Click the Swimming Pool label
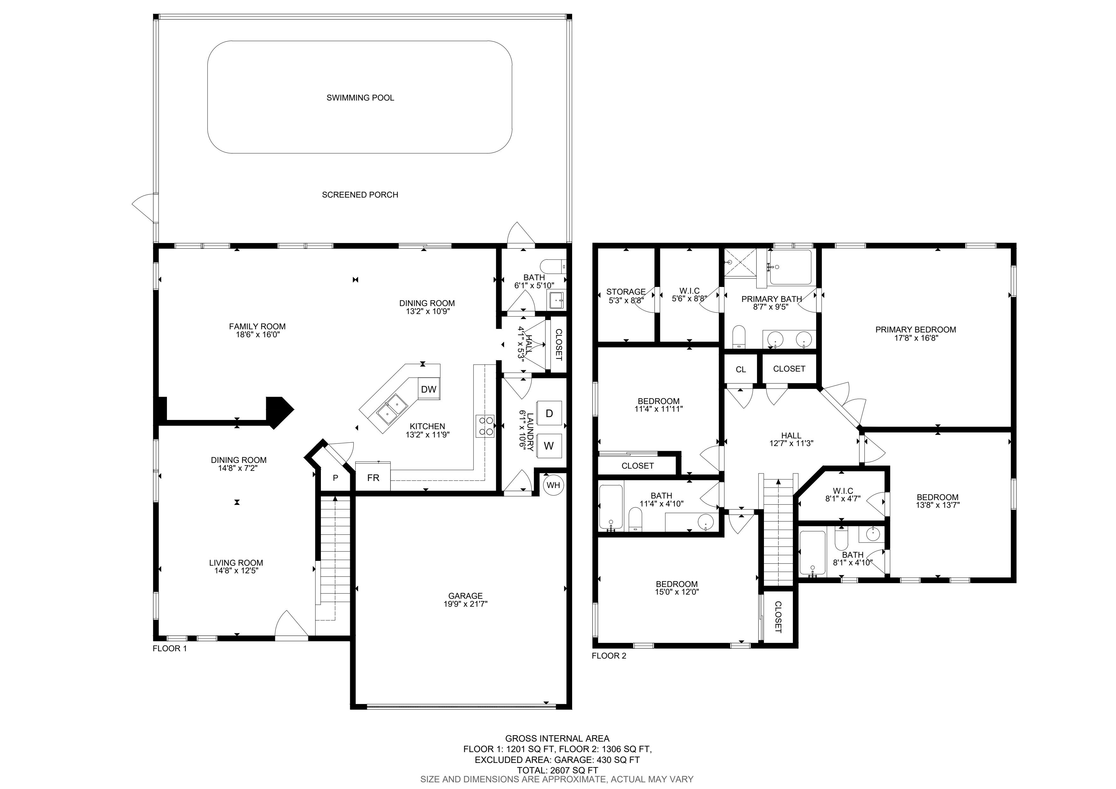360,98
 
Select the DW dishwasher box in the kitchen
429,389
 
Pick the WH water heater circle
553,485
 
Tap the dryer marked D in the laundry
549,413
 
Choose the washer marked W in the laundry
549,446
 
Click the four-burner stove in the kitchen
485,426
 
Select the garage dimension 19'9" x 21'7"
465,604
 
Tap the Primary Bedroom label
916,330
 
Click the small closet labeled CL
741,369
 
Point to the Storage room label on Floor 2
626,292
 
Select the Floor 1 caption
170,648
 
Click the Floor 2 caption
609,656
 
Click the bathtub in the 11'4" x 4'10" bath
611,507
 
